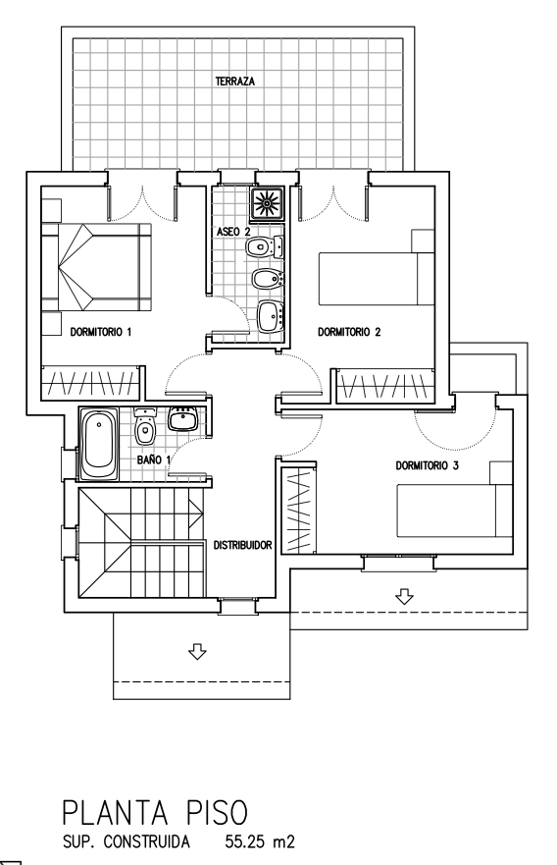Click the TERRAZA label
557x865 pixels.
coord(235,81)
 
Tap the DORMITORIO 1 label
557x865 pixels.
coord(101,332)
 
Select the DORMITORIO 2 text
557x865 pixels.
coord(349,332)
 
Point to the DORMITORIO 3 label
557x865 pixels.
coord(427,465)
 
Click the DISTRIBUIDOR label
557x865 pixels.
coord(243,545)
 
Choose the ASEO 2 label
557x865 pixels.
coord(233,232)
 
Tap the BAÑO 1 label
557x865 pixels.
coord(154,459)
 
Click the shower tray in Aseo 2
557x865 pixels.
coord(267,203)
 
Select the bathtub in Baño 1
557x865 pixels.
coord(99,444)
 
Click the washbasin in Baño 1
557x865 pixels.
coord(182,419)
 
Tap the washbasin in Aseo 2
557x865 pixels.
coord(270,316)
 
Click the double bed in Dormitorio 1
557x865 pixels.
coord(96,268)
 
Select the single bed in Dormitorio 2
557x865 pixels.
coord(377,279)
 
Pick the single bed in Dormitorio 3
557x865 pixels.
coord(455,511)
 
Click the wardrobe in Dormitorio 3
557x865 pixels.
coord(299,511)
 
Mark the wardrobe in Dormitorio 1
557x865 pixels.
coord(90,383)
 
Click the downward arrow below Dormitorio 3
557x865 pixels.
coord(405,596)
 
